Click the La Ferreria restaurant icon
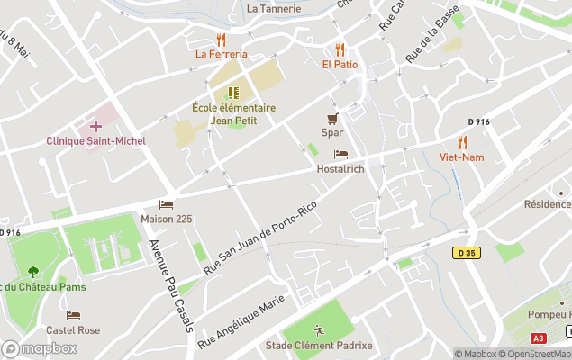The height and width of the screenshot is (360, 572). point(221,40)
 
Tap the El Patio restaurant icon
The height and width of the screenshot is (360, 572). point(340,50)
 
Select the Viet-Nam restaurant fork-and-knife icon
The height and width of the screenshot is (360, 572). point(462,142)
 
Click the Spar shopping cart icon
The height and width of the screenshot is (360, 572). point(332,119)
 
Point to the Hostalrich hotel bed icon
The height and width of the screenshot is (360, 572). point(340,155)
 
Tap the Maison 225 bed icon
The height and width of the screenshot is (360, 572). point(166,204)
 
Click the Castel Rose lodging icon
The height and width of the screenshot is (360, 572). point(74,316)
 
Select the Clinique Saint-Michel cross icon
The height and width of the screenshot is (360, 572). point(95,126)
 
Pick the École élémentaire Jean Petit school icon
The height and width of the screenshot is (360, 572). point(233,93)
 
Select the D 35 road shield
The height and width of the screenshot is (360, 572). point(467,253)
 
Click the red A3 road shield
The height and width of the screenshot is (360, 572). point(539,338)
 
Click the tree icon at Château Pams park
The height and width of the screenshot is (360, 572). point(33,271)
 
